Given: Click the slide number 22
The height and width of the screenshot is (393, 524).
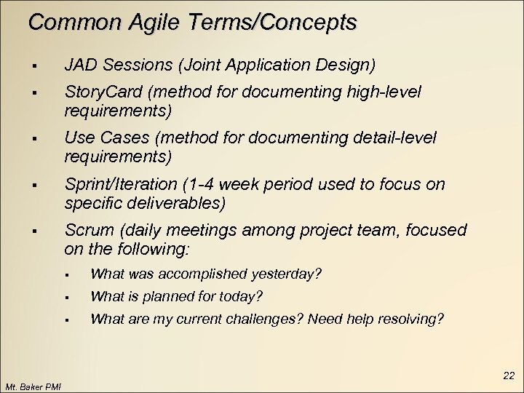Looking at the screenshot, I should coord(509,376).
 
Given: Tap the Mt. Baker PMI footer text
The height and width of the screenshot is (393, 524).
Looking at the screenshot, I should coord(33,386).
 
